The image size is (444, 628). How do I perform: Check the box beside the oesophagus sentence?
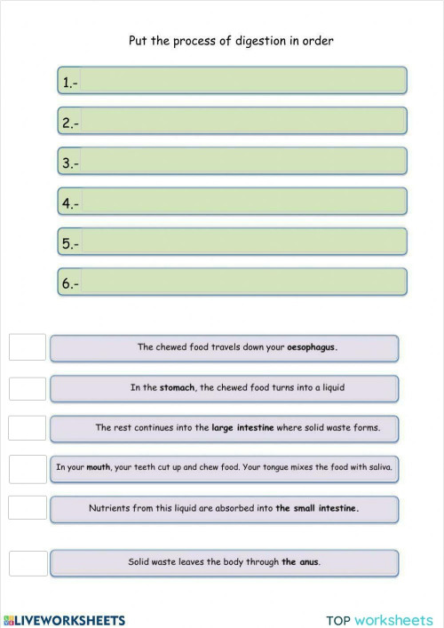point(28,347)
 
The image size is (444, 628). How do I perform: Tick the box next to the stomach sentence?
point(28,388)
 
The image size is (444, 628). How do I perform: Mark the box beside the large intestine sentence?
point(28,427)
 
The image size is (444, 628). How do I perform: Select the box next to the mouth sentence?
point(28,468)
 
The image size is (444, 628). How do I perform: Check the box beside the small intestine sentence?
point(28,507)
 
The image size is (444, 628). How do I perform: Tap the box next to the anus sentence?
point(28,562)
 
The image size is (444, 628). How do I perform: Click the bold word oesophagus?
point(311,347)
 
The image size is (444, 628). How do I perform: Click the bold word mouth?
point(98,466)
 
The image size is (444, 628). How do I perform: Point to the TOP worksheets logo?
point(379,620)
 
